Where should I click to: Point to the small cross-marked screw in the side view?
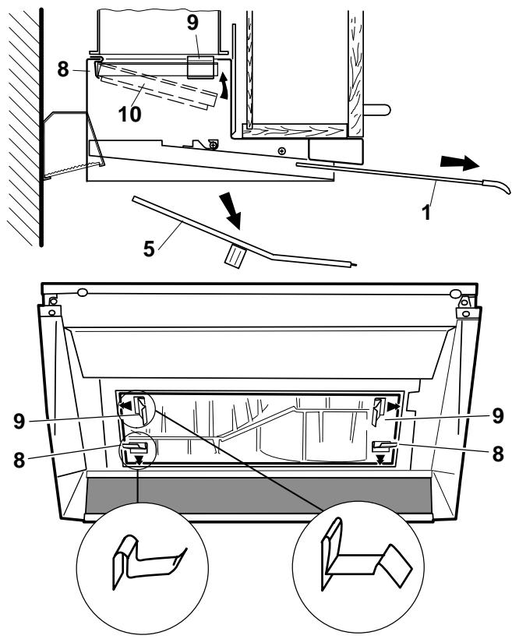281,150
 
